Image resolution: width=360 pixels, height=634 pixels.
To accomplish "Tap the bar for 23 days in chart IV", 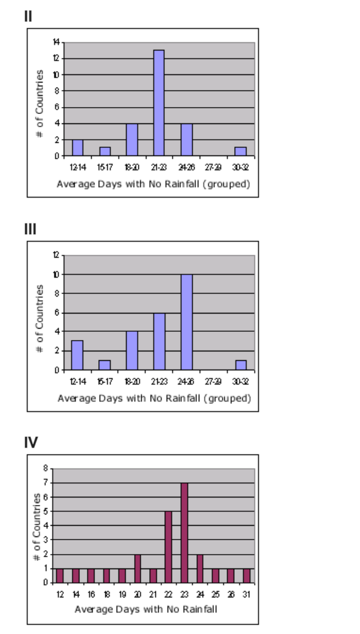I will coord(184,533).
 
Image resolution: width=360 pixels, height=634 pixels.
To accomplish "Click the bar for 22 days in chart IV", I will coord(169,547).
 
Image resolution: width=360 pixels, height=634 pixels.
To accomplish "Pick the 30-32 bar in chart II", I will coord(240,151).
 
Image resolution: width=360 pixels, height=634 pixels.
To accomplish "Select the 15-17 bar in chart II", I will coord(105,151).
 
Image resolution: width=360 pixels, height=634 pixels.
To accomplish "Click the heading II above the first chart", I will coord(28,16).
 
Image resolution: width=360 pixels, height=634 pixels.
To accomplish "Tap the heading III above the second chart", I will coord(30,229).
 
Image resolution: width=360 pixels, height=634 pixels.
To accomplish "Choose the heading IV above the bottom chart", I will coord(31,442).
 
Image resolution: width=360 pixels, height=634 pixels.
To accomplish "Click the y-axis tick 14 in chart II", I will coord(56,42).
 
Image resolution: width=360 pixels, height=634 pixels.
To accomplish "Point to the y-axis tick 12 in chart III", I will coord(56,256).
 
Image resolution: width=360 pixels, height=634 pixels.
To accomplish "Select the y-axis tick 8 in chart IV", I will coord(45,468).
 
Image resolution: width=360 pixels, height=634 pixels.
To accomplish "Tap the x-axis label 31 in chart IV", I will coord(247,594).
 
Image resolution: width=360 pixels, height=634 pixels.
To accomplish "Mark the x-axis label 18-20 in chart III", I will coord(132,382).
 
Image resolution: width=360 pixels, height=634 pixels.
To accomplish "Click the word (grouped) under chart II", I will coord(230,184).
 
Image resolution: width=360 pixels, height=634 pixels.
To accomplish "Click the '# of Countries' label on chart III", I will coord(40,318).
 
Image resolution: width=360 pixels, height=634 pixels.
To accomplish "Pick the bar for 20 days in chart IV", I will coord(138,569).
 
